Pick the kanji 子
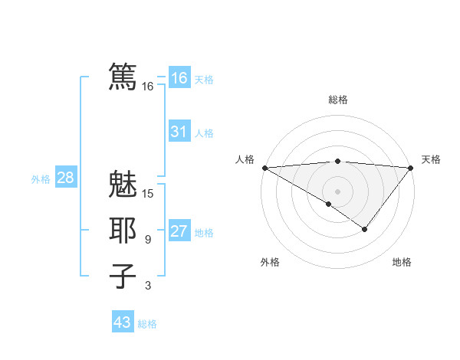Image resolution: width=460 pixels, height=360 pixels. coord(123,275)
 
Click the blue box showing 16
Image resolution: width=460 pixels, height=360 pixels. coord(179,78)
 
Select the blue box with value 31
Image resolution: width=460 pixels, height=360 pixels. coord(179,132)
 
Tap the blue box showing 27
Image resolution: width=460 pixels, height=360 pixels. coord(179,231)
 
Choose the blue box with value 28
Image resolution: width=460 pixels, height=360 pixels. coord(65,178)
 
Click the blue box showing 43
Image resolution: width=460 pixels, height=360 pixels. coord(122,322)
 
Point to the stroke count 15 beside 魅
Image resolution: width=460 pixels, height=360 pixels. coord(148,194)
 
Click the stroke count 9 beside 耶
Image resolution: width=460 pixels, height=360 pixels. coord(148,240)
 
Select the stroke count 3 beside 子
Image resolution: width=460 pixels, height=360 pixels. coord(148,286)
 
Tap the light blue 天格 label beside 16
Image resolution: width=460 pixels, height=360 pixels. coord(204,80)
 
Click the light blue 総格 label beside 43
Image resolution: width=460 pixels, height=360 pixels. coord(147,324)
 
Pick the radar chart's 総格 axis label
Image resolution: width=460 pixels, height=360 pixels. coord(338,100)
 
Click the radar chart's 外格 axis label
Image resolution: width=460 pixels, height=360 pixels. coord(270,262)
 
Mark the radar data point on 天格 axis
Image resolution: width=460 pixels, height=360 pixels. coord(412,168)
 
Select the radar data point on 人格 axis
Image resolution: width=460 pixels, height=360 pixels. coord(264,168)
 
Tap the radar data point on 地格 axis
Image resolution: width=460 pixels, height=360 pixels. coord(365,229)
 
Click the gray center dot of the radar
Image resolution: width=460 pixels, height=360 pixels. coord(338,191)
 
